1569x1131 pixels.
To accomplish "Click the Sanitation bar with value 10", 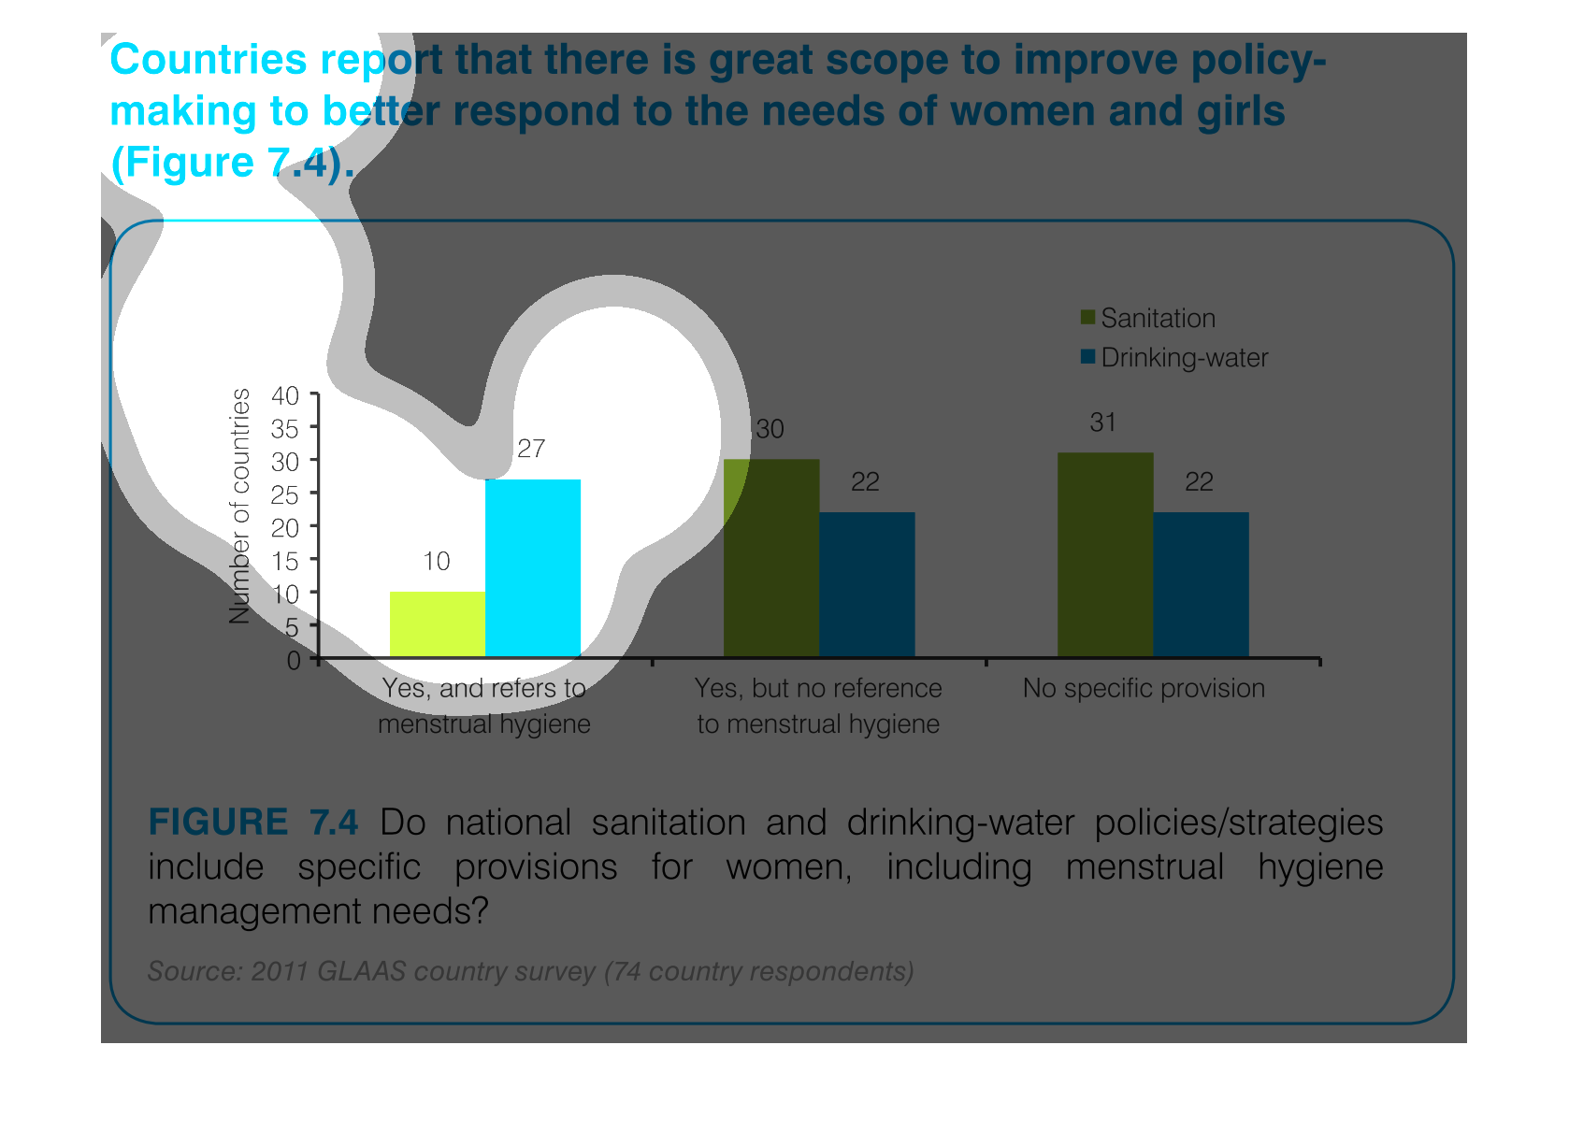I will pos(438,624).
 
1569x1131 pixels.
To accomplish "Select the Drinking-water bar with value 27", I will pos(533,568).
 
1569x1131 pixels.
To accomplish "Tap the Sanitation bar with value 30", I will pos(771,558).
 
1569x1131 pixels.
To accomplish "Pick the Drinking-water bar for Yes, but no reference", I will pos(867,584).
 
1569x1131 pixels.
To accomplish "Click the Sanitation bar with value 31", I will pos(1105,555).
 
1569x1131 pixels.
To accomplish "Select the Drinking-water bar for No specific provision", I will pos(1201,584).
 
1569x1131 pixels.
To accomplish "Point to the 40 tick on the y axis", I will pos(286,395).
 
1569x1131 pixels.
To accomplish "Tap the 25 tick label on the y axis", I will pos(286,494).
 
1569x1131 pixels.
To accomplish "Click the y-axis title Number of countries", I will pos(240,506).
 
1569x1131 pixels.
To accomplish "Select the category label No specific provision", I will pos(1144,689).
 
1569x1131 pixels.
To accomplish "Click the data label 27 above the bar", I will pos(531,450).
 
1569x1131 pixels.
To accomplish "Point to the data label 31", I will pos(1103,423).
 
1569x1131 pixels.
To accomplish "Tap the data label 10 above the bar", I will pos(437,562).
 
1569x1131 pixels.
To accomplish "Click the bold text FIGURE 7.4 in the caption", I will pos(253,823).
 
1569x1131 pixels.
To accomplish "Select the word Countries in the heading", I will pos(209,60).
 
